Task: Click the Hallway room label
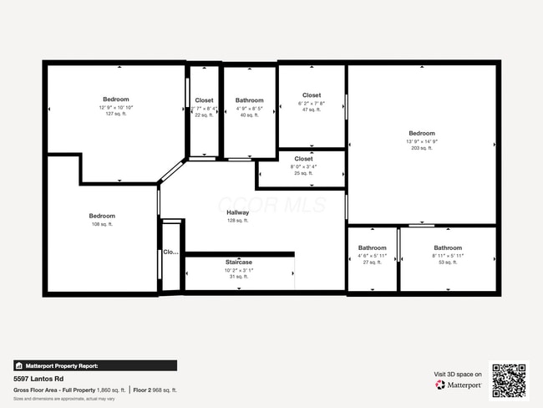click(x=238, y=212)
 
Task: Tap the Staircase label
click(x=238, y=263)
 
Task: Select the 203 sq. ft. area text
click(x=422, y=148)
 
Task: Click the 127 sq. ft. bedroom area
click(x=115, y=115)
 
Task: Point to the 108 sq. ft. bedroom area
click(x=102, y=224)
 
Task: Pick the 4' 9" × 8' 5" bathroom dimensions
click(x=249, y=108)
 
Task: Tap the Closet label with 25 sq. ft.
click(x=303, y=158)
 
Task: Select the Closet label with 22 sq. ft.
click(x=204, y=100)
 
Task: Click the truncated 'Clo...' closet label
click(x=170, y=252)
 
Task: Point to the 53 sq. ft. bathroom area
click(x=448, y=263)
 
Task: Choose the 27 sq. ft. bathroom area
click(x=373, y=263)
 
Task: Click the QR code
click(x=509, y=380)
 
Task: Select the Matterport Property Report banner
click(x=94, y=365)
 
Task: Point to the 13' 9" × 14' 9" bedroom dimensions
click(x=422, y=141)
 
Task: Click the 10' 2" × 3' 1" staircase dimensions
click(x=238, y=270)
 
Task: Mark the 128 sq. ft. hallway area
click(x=238, y=221)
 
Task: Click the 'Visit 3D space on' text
click(x=458, y=374)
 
